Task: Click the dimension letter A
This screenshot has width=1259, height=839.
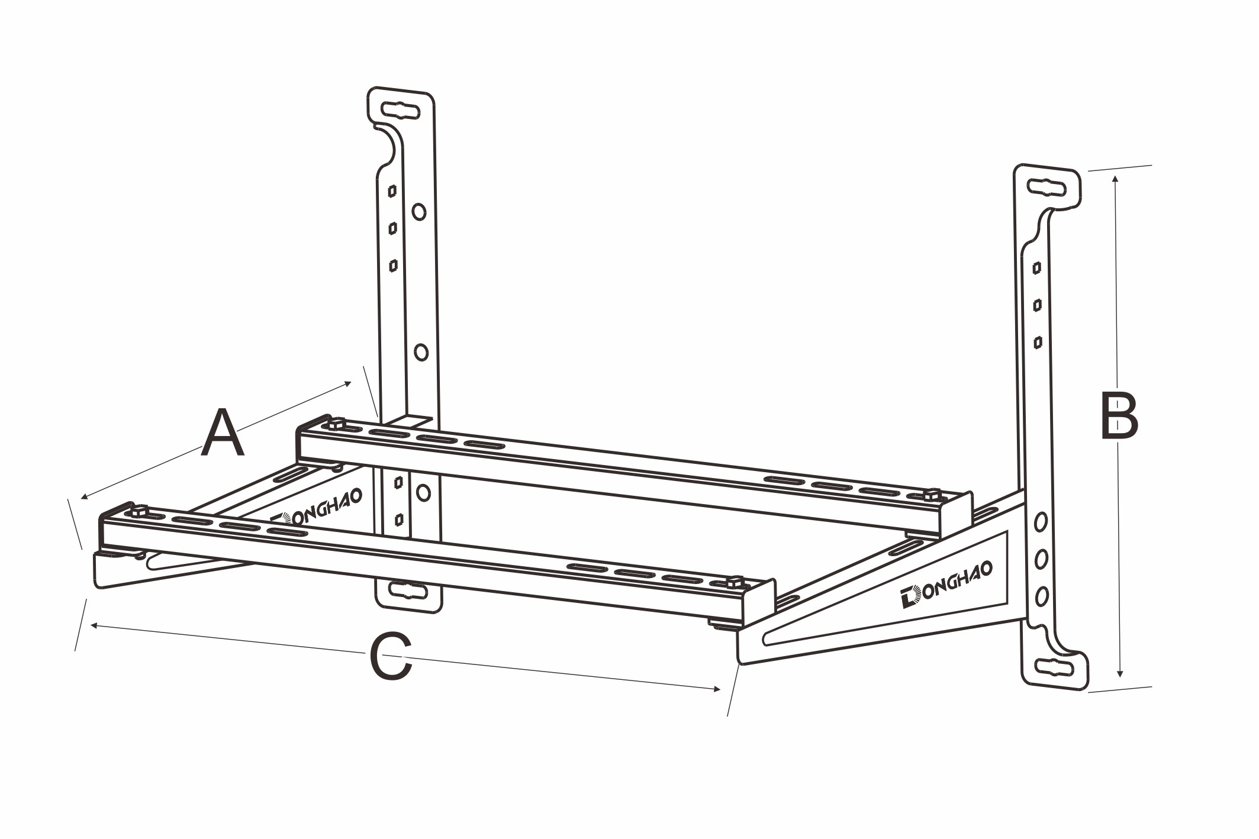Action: (x=223, y=434)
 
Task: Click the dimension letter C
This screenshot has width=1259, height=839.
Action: (x=391, y=657)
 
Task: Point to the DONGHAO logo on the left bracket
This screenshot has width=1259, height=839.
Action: (x=317, y=509)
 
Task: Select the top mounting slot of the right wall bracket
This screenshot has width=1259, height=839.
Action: (x=1047, y=188)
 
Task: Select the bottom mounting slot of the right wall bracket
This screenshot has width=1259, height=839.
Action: (x=1055, y=667)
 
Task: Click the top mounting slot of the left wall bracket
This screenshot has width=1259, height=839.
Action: (x=401, y=110)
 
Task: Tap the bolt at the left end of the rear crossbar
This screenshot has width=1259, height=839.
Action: (x=336, y=424)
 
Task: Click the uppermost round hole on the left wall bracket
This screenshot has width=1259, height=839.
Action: (x=419, y=211)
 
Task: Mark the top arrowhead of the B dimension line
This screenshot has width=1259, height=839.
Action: (x=1115, y=177)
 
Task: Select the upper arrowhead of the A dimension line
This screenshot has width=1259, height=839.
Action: (x=349, y=383)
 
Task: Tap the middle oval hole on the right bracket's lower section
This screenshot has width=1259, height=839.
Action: (x=1041, y=559)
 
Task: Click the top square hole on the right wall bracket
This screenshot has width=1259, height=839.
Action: (x=1036, y=268)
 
